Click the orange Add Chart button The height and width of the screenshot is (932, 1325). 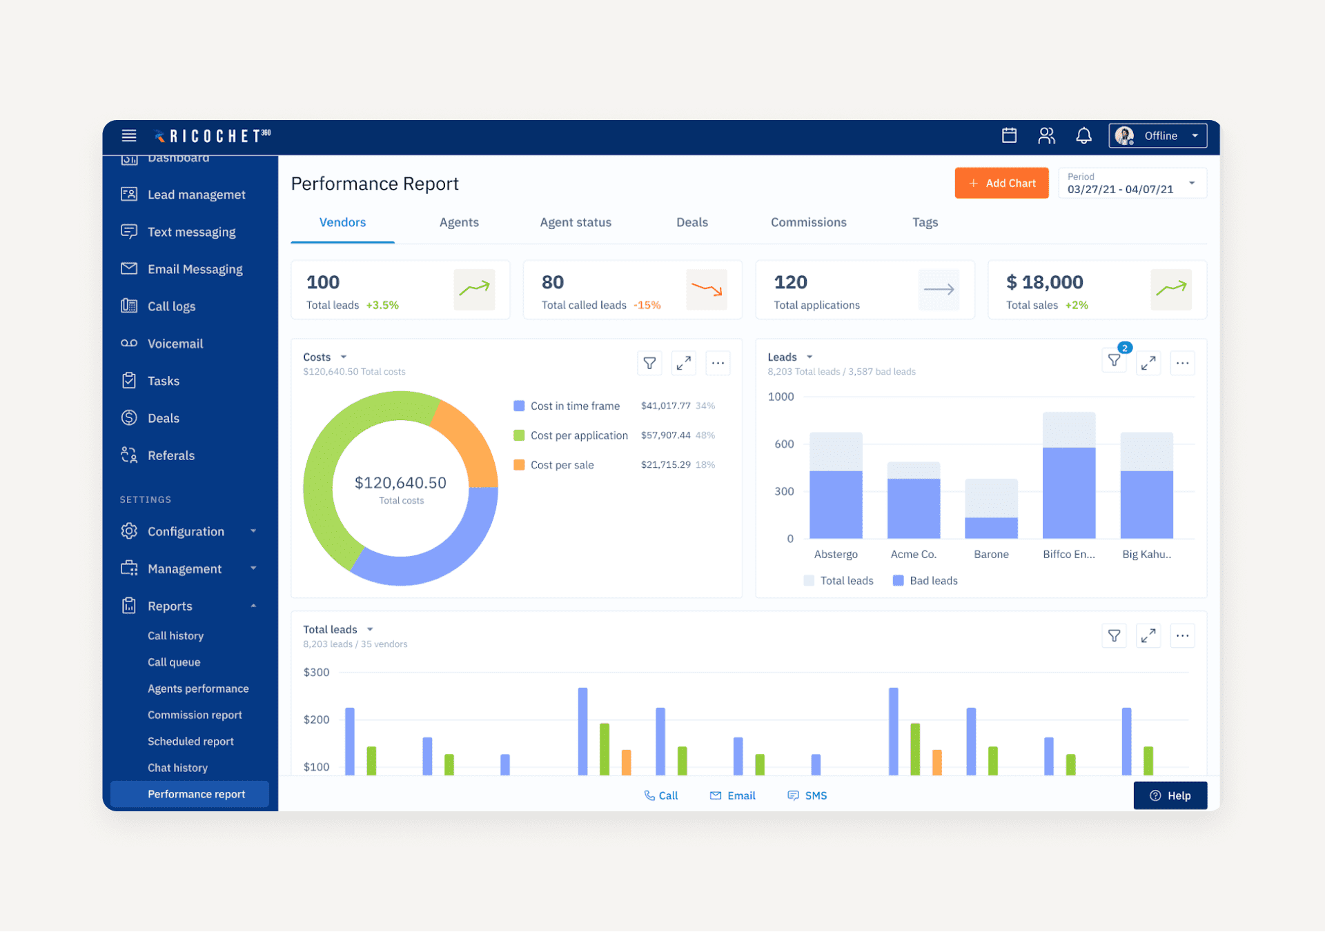point(1001,184)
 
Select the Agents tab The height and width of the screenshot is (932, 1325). point(459,222)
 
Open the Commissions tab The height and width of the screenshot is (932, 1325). point(808,222)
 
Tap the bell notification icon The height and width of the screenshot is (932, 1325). point(1083,136)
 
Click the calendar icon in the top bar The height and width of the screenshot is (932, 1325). point(1009,136)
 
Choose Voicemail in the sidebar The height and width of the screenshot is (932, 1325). point(175,344)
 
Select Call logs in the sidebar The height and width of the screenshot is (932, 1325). point(171,306)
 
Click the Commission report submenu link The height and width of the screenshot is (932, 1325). point(195,715)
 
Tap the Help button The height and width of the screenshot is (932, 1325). point(1170,795)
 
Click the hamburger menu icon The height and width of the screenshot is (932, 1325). point(129,136)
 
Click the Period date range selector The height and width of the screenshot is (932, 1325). point(1132,184)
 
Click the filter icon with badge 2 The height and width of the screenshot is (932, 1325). point(1114,361)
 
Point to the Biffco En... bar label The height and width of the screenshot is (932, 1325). point(1069,554)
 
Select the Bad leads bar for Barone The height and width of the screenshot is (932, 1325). point(991,528)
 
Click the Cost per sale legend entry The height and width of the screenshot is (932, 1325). point(562,465)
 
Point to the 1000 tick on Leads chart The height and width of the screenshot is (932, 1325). point(781,397)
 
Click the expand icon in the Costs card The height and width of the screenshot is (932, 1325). point(683,363)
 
